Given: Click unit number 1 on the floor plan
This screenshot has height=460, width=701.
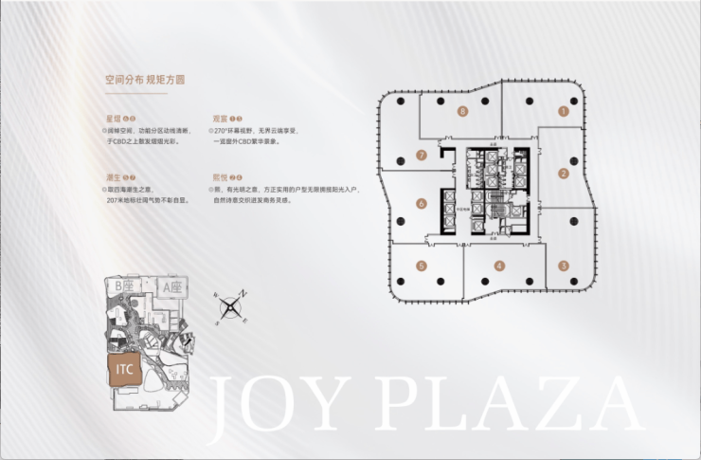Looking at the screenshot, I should coord(563,111).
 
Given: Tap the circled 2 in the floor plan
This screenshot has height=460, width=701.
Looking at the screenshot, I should coord(563,173).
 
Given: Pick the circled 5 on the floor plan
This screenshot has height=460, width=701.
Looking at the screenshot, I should coord(422,266).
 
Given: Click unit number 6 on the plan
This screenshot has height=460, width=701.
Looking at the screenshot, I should coord(421,203).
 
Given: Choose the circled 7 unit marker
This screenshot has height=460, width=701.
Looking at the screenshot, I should coord(422,155).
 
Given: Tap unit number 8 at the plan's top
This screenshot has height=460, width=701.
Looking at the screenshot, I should coord(461,111).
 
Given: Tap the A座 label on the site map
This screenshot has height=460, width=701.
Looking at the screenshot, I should coord(171,285).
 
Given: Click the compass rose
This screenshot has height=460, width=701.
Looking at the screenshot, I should coord(230,307).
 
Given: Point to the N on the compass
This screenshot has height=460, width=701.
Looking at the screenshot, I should coord(243,294).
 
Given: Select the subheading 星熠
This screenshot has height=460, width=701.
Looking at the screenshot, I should coord(114,117).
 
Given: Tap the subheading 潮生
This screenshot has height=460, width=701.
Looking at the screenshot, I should coord(114,176).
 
